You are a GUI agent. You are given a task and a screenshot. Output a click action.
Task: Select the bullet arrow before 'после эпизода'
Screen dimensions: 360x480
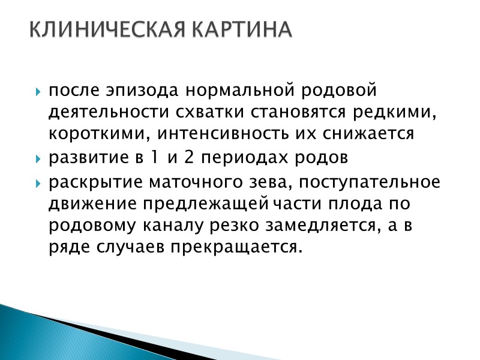pyautogui.click(x=38, y=92)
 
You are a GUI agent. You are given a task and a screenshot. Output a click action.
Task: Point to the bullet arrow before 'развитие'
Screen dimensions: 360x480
pyautogui.click(x=38, y=160)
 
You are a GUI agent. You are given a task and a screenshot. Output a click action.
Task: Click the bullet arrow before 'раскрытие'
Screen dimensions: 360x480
pyautogui.click(x=38, y=182)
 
